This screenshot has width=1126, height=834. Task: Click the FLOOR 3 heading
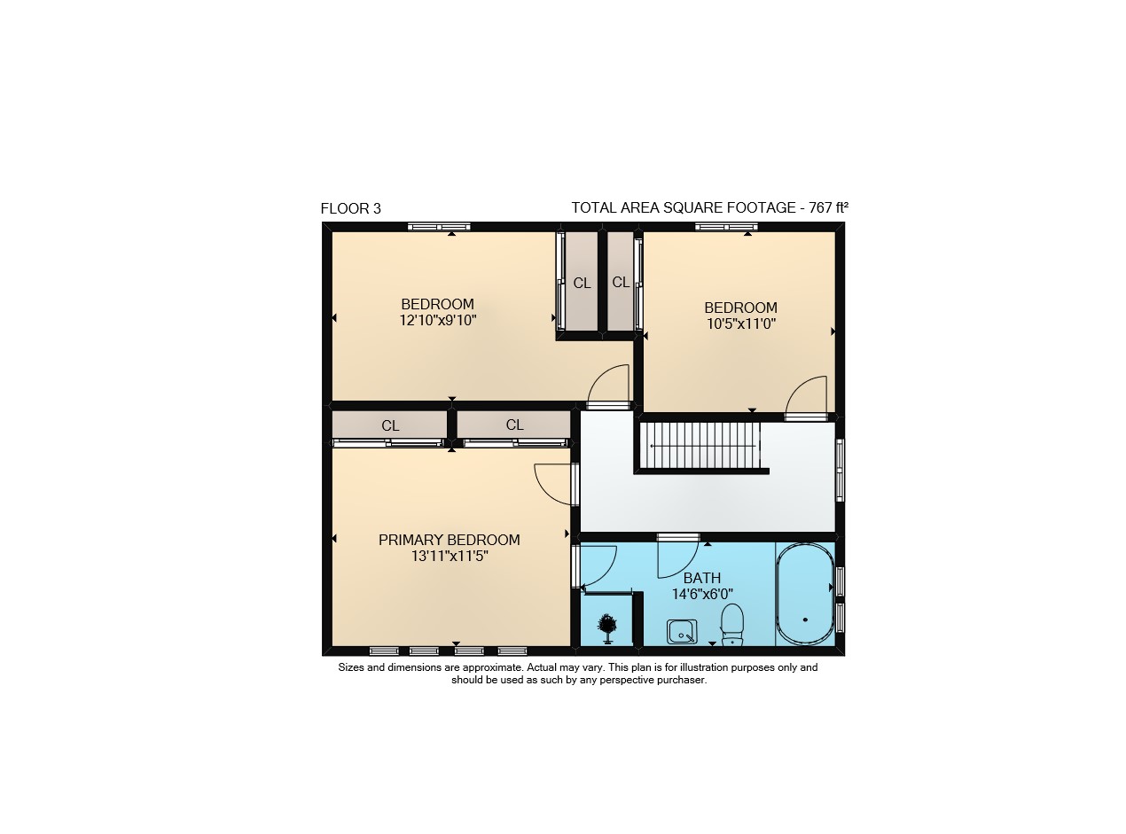coord(350,208)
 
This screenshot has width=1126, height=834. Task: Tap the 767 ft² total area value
coord(828,207)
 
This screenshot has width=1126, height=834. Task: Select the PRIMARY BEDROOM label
coord(450,540)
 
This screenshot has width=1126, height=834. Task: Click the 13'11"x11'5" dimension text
coord(450,556)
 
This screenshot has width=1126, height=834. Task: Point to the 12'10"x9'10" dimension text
coord(438,320)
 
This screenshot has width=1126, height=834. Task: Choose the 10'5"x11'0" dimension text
coord(740,323)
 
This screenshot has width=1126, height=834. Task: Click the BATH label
coord(702,578)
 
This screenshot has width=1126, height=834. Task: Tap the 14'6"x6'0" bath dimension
coord(702,594)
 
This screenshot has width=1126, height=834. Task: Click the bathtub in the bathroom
coord(805,594)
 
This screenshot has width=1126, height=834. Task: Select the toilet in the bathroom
coord(732,624)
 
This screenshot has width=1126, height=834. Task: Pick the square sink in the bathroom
coord(682,632)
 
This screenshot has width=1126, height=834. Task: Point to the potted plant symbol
coord(606,628)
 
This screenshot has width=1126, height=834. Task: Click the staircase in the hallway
coord(700,446)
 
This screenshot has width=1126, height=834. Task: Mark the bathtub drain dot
coord(805,620)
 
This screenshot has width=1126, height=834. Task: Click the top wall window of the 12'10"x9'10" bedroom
coord(439,227)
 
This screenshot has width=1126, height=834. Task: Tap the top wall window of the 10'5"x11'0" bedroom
coord(726,227)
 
